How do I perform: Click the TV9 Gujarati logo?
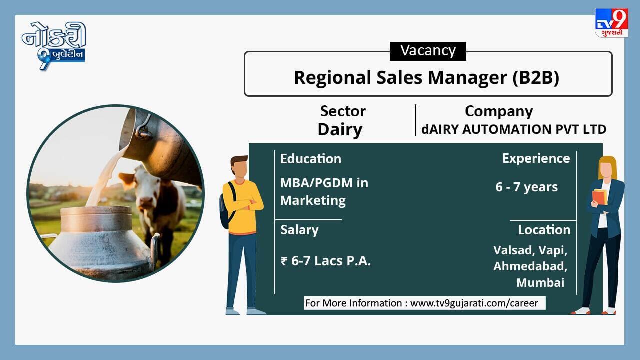pos(611,23)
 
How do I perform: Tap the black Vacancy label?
pos(428,51)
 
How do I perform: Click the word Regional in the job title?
pos(333,78)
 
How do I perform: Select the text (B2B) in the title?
pos(536,77)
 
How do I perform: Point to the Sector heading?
pos(343,111)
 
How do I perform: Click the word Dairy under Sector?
pos(340,130)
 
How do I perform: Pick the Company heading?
pos(499,111)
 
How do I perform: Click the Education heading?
pos(311,159)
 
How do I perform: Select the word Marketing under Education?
pos(313,200)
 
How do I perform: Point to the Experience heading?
pos(536,159)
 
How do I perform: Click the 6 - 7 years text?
pos(527,187)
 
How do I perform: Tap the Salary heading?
pos(299,230)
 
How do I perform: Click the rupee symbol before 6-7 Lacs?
pos(284,261)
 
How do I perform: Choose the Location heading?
pos(544,230)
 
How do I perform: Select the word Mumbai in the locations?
pos(540,283)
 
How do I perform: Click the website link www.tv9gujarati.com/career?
pos(474,303)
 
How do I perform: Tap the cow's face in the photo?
pos(143,188)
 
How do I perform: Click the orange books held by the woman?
pos(599,197)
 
